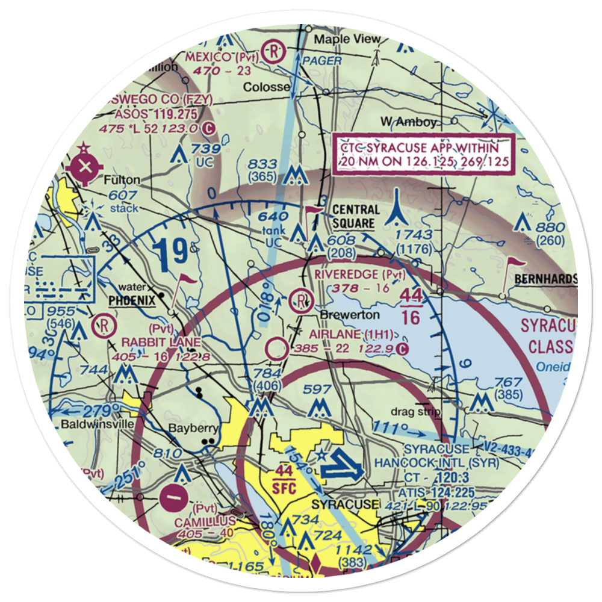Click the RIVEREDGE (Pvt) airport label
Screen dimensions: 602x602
358,274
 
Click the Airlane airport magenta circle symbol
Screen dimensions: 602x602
277,348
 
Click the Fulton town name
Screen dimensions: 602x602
122,180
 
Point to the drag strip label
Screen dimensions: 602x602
415,412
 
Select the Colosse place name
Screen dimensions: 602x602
266,87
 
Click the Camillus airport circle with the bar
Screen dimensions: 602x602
175,498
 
